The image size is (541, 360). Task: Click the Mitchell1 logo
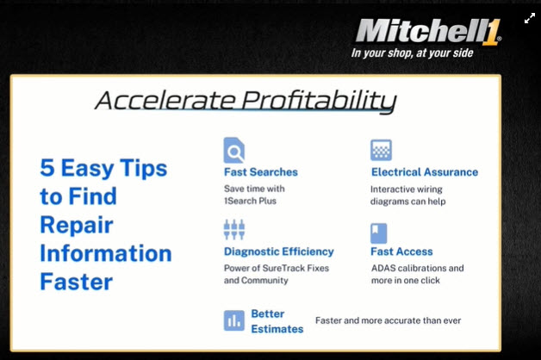tap(427, 31)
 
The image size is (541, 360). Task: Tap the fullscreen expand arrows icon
tap(529, 18)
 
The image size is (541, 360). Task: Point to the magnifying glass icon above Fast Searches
tap(234, 150)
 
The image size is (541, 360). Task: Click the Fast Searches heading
tap(260, 172)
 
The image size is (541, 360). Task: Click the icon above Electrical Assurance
tap(381, 150)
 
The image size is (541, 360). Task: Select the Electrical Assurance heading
tap(424, 172)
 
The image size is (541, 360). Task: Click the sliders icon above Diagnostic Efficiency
tap(234, 230)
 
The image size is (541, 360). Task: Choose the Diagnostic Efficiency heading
tap(278, 251)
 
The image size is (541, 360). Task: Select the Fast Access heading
tap(401, 251)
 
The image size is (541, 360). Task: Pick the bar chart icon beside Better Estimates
tap(234, 320)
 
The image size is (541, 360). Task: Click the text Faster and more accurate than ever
tap(388, 320)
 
